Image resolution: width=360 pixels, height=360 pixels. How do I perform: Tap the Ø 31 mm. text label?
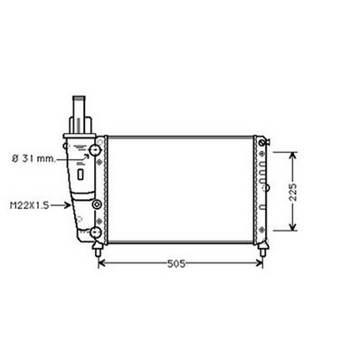click(34, 159)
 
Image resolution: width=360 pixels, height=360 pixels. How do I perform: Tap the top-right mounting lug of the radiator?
click(261, 141)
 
